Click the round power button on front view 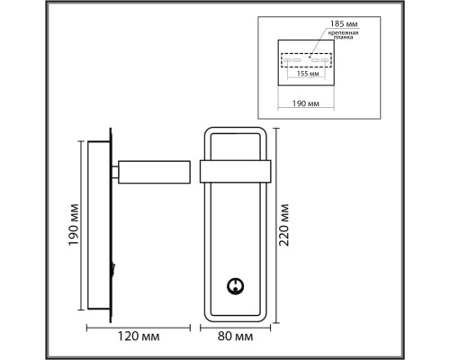pyautogui.click(x=235, y=285)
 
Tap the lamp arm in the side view pyautogui.click(x=153, y=171)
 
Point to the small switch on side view pyautogui.click(x=114, y=266)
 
